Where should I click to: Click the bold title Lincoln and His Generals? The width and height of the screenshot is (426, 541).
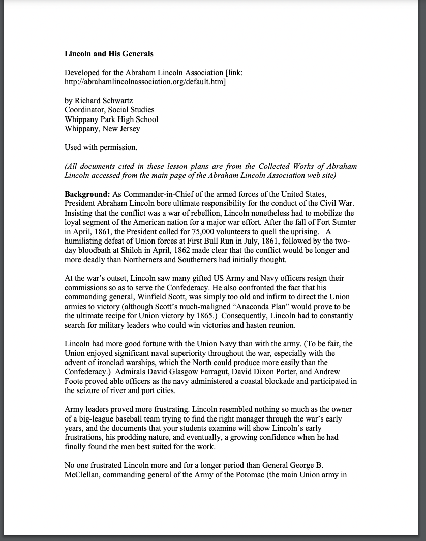(109, 53)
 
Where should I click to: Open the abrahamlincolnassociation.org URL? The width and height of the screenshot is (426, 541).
(145, 81)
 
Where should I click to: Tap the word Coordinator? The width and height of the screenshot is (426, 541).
(85, 110)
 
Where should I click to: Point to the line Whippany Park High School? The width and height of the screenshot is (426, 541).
(111, 119)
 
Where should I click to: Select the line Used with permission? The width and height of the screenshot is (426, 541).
(101, 147)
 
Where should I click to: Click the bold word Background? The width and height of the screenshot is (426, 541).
(87, 194)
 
